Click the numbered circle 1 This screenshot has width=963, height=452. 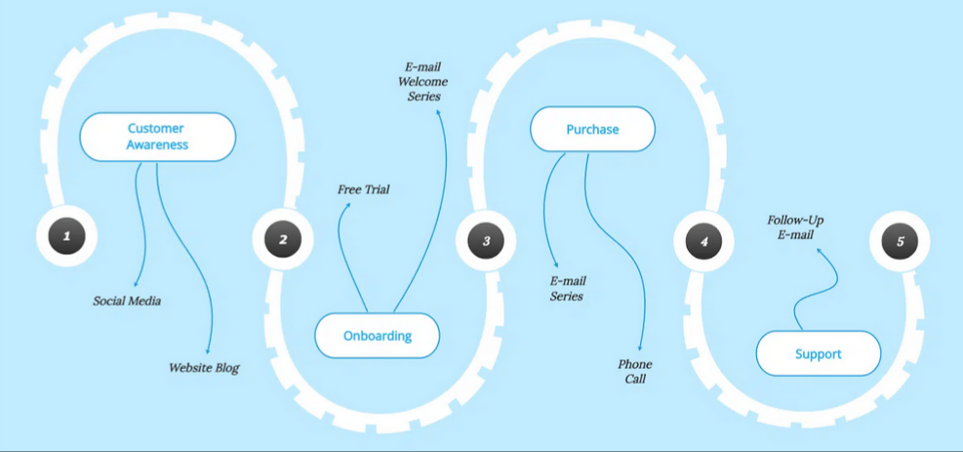coord(67,236)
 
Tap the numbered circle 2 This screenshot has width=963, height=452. coord(283,239)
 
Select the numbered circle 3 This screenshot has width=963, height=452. coord(486,240)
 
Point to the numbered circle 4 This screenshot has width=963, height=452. coord(703,241)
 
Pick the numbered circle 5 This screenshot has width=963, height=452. coord(900,241)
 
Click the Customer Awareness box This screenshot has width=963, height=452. coord(158,137)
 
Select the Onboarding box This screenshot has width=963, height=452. coord(377,335)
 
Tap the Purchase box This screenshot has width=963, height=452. coord(592,129)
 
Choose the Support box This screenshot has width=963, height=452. coord(818,353)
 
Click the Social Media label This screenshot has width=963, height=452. coord(127,301)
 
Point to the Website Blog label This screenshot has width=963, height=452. coord(204,368)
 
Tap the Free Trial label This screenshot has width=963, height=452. coord(363,189)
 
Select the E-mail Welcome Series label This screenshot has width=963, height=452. coord(423,81)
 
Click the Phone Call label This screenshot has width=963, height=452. coord(635,372)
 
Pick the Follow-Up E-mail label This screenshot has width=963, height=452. coord(795,227)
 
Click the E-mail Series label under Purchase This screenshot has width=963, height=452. coord(568,288)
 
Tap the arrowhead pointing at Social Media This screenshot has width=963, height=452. coord(136,283)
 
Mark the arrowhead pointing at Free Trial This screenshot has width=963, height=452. coord(348,205)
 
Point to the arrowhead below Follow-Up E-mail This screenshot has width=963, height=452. coord(819,249)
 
